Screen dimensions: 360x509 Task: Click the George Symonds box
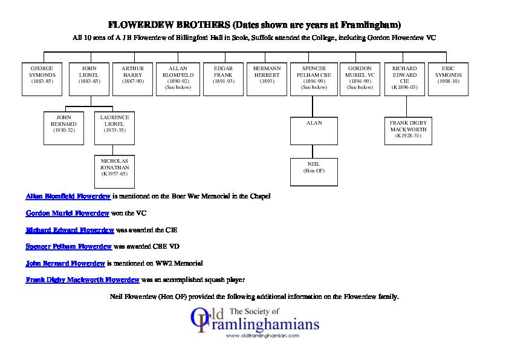(x=42, y=79)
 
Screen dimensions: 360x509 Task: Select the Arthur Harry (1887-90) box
(x=132, y=79)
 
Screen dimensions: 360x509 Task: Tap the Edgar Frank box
(x=223, y=79)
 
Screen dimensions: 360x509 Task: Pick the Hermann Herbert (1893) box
(x=267, y=79)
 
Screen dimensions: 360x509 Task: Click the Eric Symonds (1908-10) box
(x=449, y=79)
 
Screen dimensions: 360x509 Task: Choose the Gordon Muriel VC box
(x=360, y=79)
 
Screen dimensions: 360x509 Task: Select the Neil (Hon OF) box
(x=314, y=172)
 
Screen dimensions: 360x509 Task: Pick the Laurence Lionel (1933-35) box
(x=115, y=127)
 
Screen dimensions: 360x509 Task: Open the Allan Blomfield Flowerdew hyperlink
(x=68, y=197)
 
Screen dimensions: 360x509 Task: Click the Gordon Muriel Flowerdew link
(x=67, y=214)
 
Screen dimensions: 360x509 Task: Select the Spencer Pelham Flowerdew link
(x=68, y=247)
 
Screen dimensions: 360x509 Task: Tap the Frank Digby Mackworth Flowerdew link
(x=83, y=280)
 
